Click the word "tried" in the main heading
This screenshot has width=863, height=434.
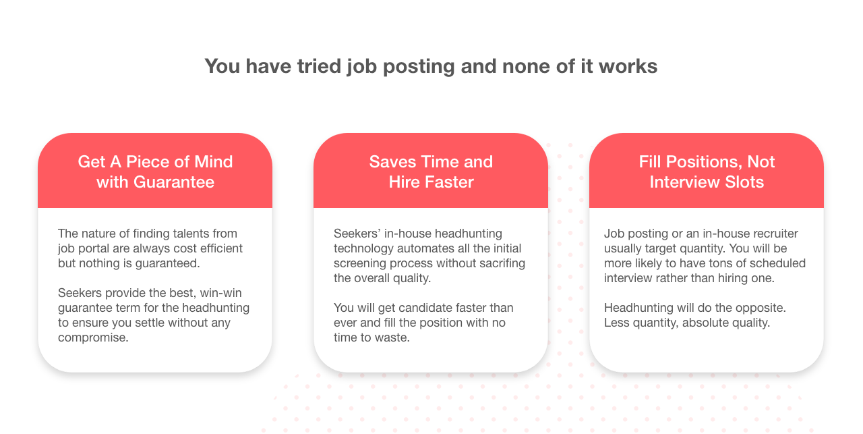coord(320,66)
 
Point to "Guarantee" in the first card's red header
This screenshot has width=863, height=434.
coord(174,182)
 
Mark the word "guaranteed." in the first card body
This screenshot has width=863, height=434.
coord(167,263)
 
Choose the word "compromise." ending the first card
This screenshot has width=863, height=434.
coord(93,337)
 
